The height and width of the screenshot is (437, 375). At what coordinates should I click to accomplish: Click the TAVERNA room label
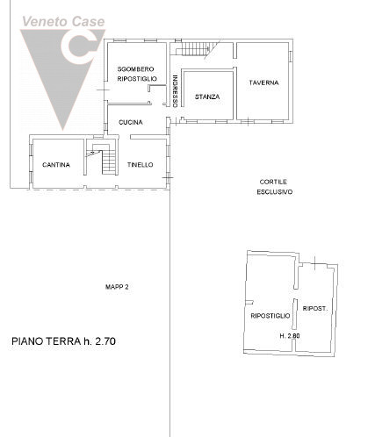(263, 82)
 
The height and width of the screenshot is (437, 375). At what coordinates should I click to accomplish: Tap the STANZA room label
(207, 97)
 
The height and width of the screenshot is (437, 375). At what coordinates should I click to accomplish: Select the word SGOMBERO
(135, 69)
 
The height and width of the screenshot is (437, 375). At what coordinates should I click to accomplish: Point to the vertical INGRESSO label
(175, 91)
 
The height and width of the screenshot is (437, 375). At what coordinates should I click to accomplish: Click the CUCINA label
(131, 122)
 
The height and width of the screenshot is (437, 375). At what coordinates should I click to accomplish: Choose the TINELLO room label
(140, 165)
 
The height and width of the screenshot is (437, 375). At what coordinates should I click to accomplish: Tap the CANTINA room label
(56, 165)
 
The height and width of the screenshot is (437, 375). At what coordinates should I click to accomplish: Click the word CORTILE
(273, 182)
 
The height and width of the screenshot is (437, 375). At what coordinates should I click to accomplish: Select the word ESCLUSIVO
(275, 192)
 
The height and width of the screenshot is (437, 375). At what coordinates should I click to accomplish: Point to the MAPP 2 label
(117, 287)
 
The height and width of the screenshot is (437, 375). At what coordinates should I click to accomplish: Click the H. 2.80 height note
(290, 336)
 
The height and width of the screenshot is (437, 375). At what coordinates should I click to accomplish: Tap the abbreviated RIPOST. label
(315, 309)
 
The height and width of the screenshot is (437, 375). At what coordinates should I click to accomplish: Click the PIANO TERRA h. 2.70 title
(63, 341)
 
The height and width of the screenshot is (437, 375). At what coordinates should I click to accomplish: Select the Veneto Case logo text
(63, 22)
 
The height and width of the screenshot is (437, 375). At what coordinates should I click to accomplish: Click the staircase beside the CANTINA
(107, 160)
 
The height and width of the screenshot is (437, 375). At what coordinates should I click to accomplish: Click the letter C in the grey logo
(79, 47)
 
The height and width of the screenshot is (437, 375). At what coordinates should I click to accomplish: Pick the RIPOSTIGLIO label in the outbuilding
(270, 316)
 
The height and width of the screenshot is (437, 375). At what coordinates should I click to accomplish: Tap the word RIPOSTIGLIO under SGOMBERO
(137, 79)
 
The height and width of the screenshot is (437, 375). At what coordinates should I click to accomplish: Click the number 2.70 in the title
(105, 341)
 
